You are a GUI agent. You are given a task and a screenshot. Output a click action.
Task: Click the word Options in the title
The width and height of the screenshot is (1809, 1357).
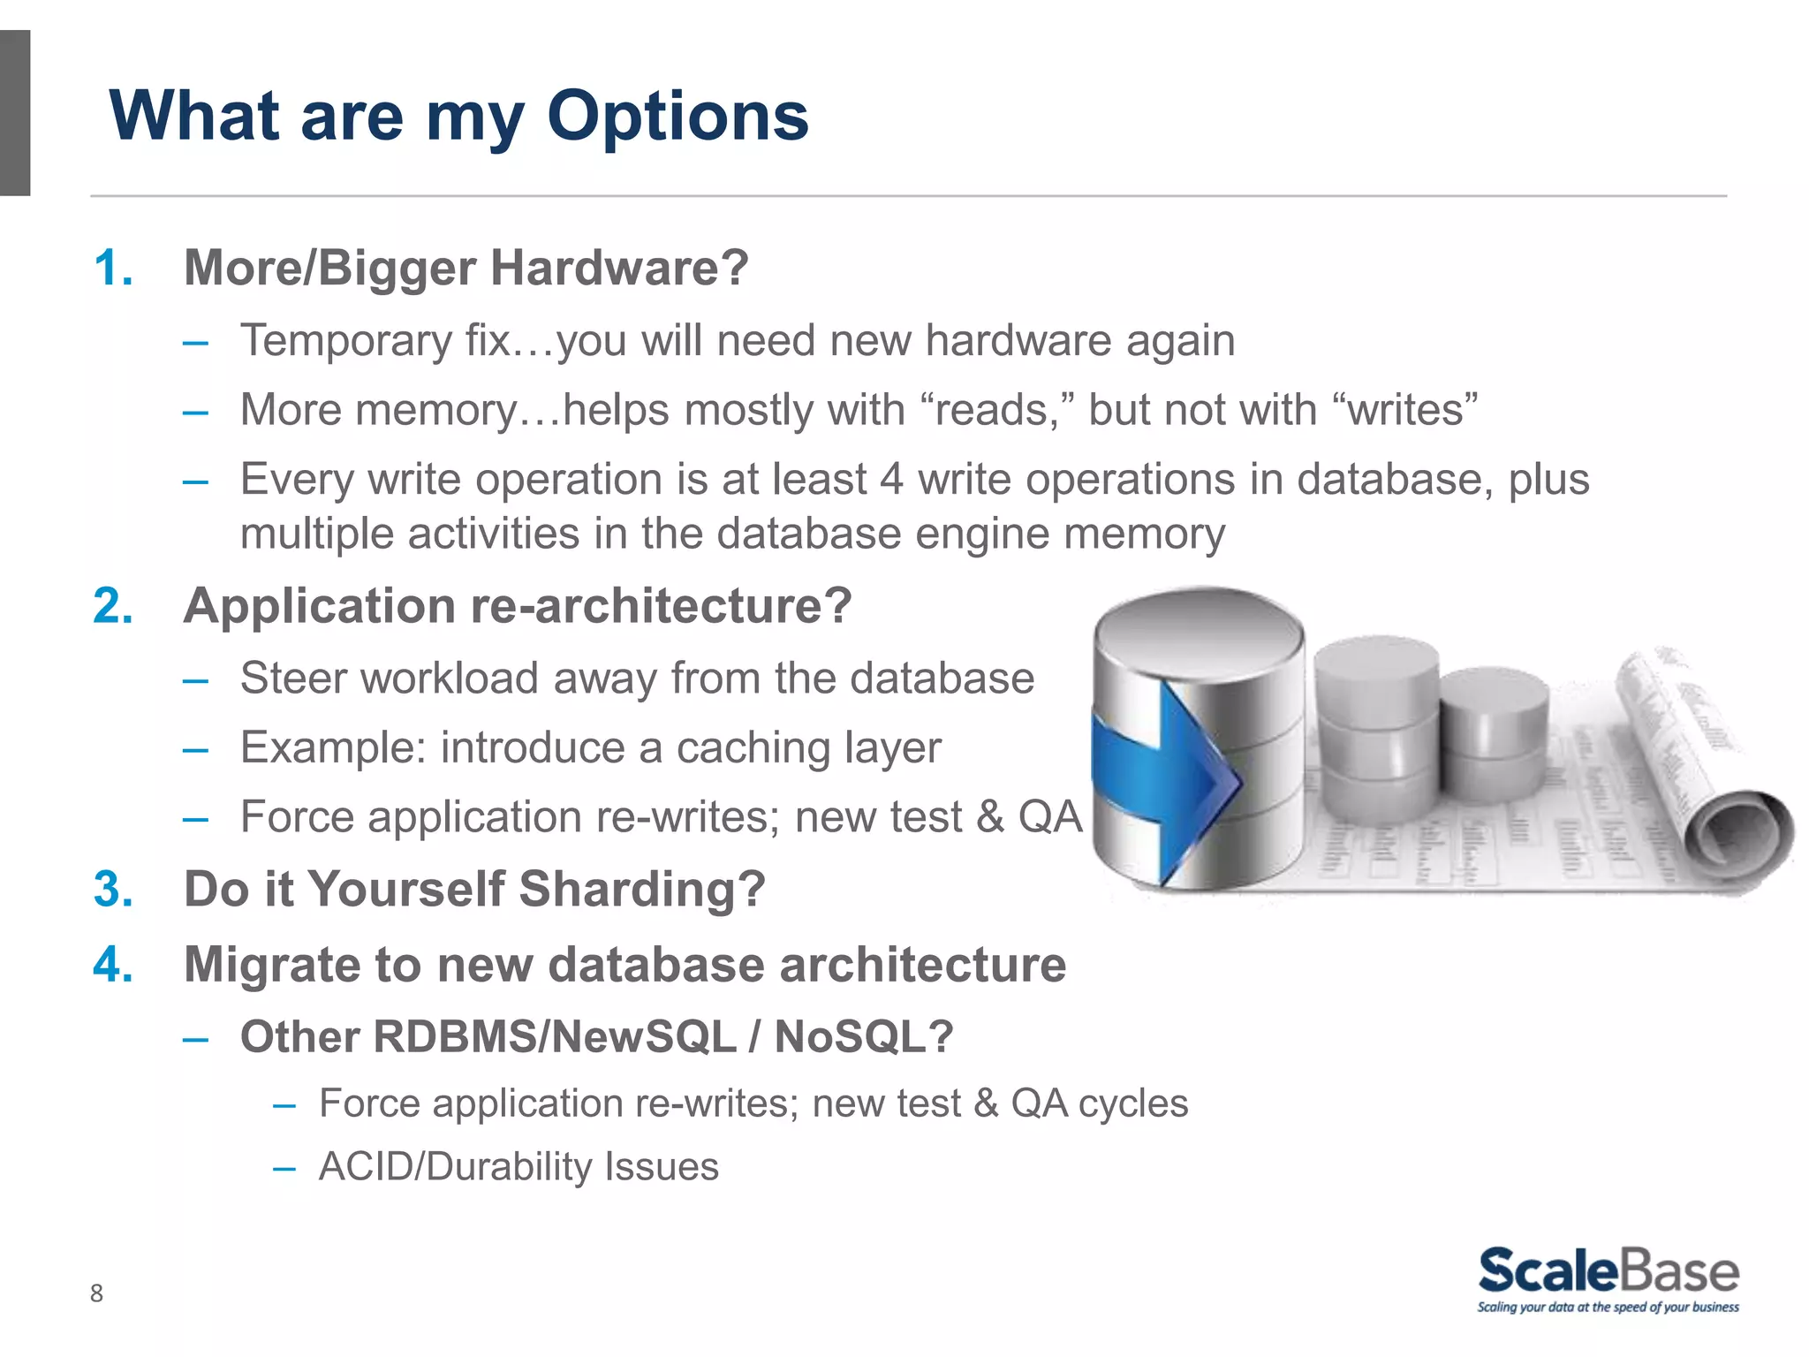pos(677,118)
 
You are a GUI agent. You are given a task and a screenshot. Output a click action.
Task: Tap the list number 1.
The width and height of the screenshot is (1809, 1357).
pos(113,268)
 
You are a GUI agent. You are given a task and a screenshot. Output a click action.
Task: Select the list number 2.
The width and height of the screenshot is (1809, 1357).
pos(113,606)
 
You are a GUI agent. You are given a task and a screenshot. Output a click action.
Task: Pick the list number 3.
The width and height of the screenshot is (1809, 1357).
pos(113,889)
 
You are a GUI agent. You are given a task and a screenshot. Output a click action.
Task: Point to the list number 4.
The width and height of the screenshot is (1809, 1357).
pos(113,964)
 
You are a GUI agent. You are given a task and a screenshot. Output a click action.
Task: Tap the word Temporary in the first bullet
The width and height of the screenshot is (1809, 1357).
pos(346,341)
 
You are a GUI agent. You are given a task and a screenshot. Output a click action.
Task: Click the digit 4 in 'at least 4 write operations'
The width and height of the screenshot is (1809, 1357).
pos(891,480)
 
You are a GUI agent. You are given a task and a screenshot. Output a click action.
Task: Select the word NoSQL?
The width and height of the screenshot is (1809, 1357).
pos(863,1037)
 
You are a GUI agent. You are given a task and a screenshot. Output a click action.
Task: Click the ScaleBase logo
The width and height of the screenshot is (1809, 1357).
pos(1608,1279)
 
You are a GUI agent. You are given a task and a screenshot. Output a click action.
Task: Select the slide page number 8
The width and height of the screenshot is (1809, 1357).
pos(96,1293)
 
